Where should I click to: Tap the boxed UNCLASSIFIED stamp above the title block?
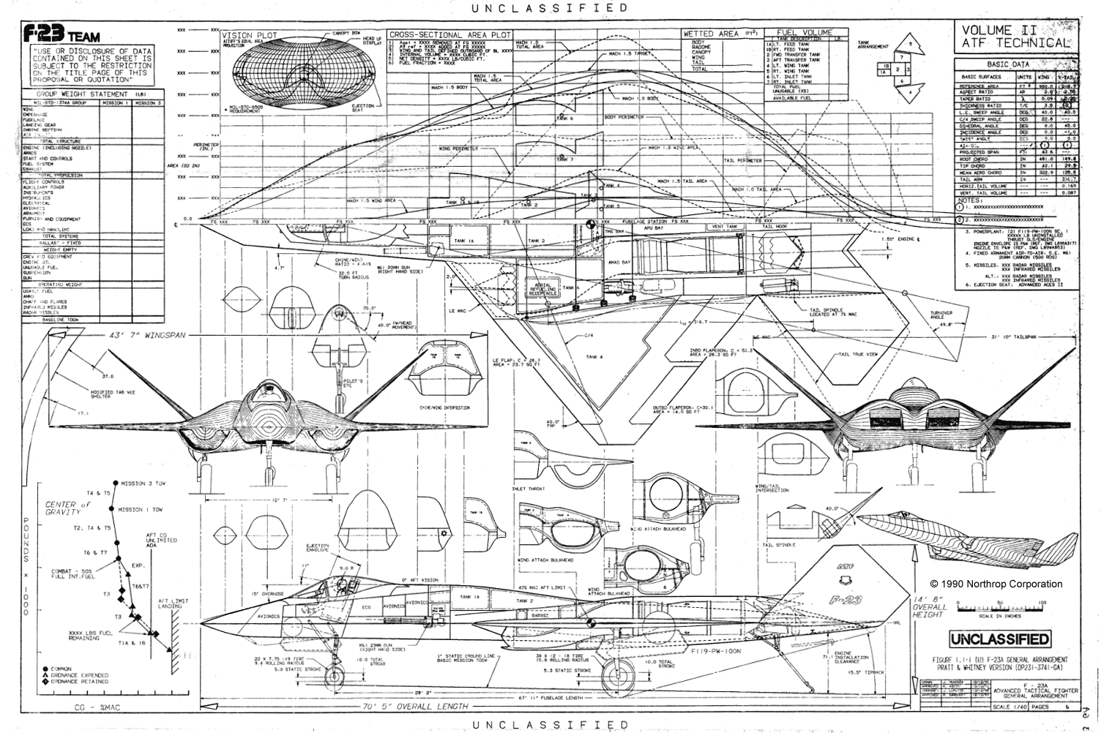[x=999, y=639]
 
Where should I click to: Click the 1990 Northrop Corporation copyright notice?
[x=996, y=584]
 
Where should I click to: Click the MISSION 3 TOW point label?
[x=143, y=484]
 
